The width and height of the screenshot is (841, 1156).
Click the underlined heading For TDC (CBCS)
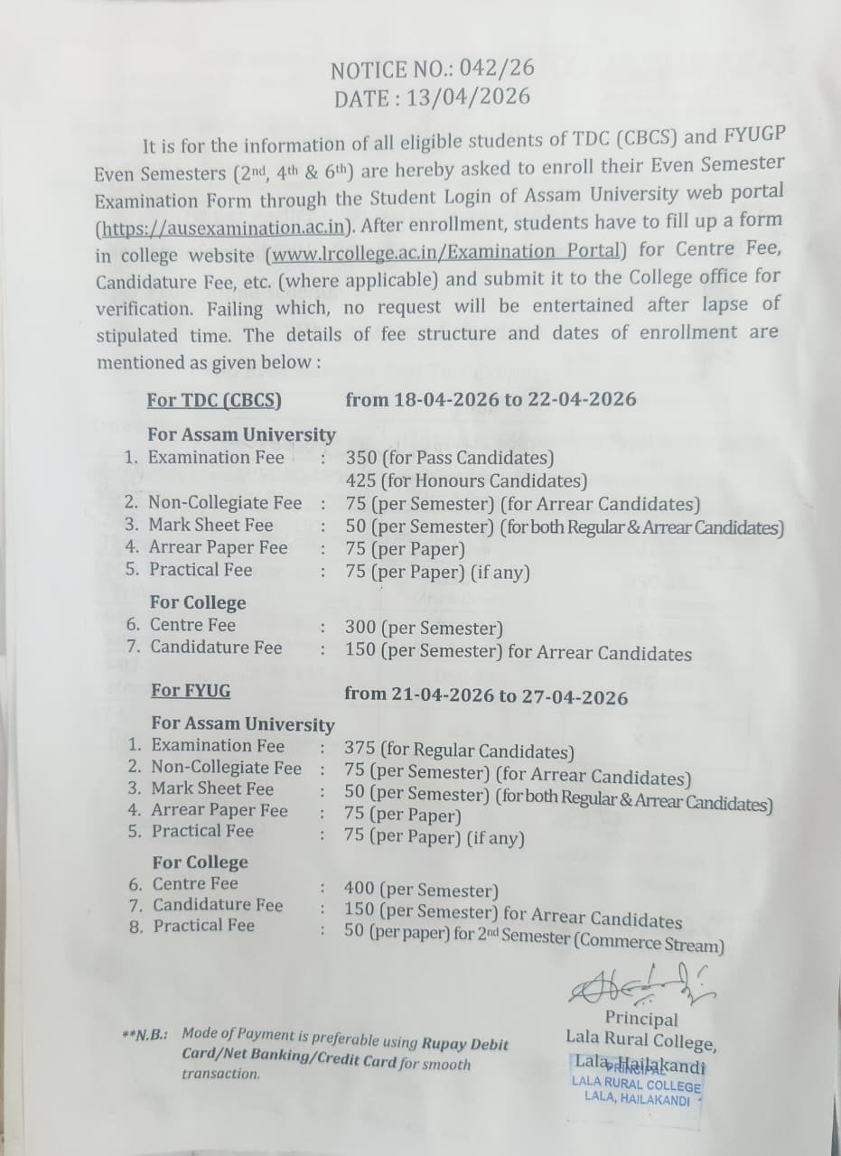coord(214,400)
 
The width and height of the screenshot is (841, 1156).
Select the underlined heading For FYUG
coord(191,691)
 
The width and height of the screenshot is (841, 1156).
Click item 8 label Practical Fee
coord(204,926)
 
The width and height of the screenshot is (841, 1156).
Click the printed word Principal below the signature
coord(641,1020)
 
